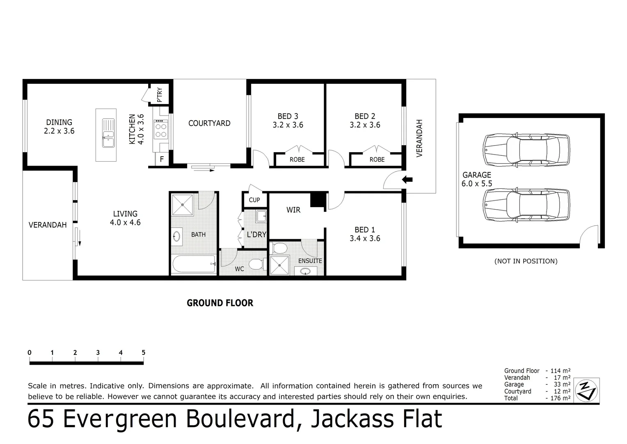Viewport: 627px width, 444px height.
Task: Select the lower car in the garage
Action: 526,205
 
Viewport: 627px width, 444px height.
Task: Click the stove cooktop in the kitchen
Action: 161,130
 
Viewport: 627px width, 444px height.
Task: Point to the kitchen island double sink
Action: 108,133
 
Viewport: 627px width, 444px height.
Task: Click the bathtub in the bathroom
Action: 194,264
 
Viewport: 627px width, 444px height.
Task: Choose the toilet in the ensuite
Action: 280,248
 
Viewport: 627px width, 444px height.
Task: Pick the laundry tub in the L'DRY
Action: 260,216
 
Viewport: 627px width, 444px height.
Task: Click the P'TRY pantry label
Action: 160,95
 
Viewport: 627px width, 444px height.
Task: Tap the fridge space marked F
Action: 162,159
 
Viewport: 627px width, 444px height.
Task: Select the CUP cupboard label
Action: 254,200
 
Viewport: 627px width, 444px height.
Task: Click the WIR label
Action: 293,210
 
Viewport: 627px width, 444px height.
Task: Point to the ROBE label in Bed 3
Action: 297,160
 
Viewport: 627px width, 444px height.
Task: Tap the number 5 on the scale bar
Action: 143,353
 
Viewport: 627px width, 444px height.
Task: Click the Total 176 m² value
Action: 561,398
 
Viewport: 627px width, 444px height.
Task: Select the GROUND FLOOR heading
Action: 220,303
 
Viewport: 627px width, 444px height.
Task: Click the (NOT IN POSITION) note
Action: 526,261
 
